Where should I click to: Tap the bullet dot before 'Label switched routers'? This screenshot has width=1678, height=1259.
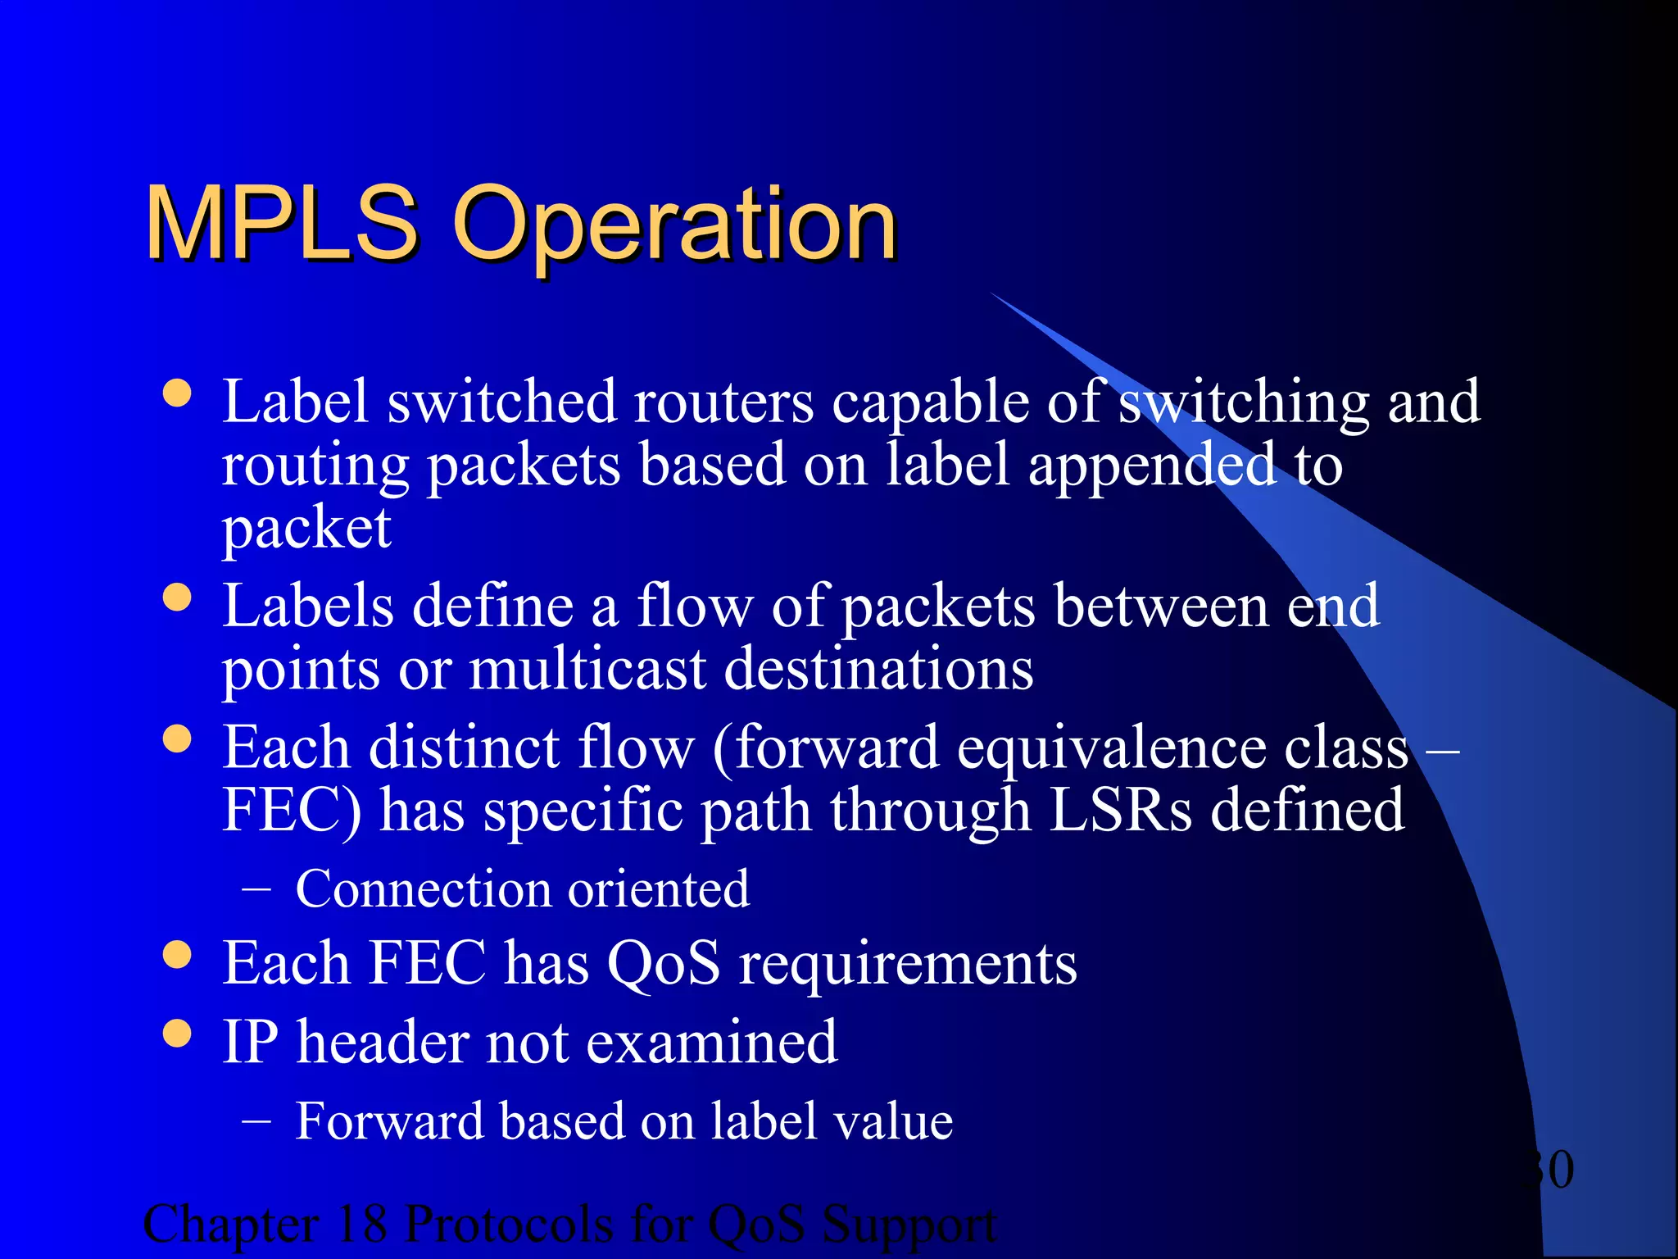[x=177, y=393]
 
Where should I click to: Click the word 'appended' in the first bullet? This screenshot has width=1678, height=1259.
[x=1152, y=466]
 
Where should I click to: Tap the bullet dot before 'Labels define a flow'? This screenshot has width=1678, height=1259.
[x=177, y=597]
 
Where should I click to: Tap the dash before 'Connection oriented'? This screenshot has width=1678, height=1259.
[x=256, y=889]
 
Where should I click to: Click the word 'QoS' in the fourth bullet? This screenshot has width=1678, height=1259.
[x=664, y=962]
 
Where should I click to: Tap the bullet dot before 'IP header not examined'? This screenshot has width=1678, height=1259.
[x=177, y=1034]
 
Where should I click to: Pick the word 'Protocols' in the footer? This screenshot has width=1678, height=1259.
[x=509, y=1224]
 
